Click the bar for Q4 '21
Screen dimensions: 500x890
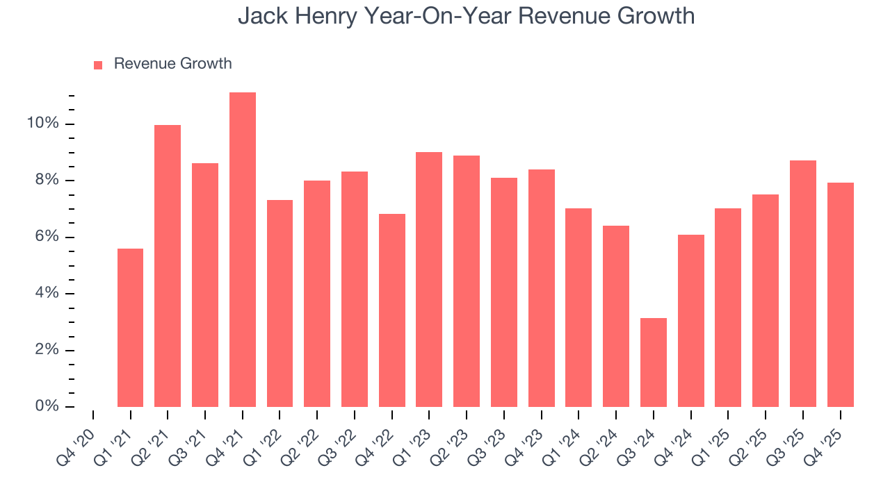click(243, 250)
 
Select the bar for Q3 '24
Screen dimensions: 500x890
click(654, 362)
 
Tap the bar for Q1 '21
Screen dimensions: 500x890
click(131, 328)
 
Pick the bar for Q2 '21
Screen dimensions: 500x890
click(168, 266)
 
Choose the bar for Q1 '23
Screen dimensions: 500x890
click(429, 279)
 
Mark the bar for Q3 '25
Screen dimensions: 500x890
click(803, 283)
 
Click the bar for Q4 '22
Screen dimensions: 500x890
click(392, 310)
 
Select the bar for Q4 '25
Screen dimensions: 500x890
click(841, 294)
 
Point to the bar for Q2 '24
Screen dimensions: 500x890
click(616, 316)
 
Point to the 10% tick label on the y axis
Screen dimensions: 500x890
click(43, 124)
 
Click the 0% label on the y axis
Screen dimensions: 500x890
click(47, 406)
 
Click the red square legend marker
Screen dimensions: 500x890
click(98, 65)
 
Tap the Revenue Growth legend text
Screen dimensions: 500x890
click(172, 64)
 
